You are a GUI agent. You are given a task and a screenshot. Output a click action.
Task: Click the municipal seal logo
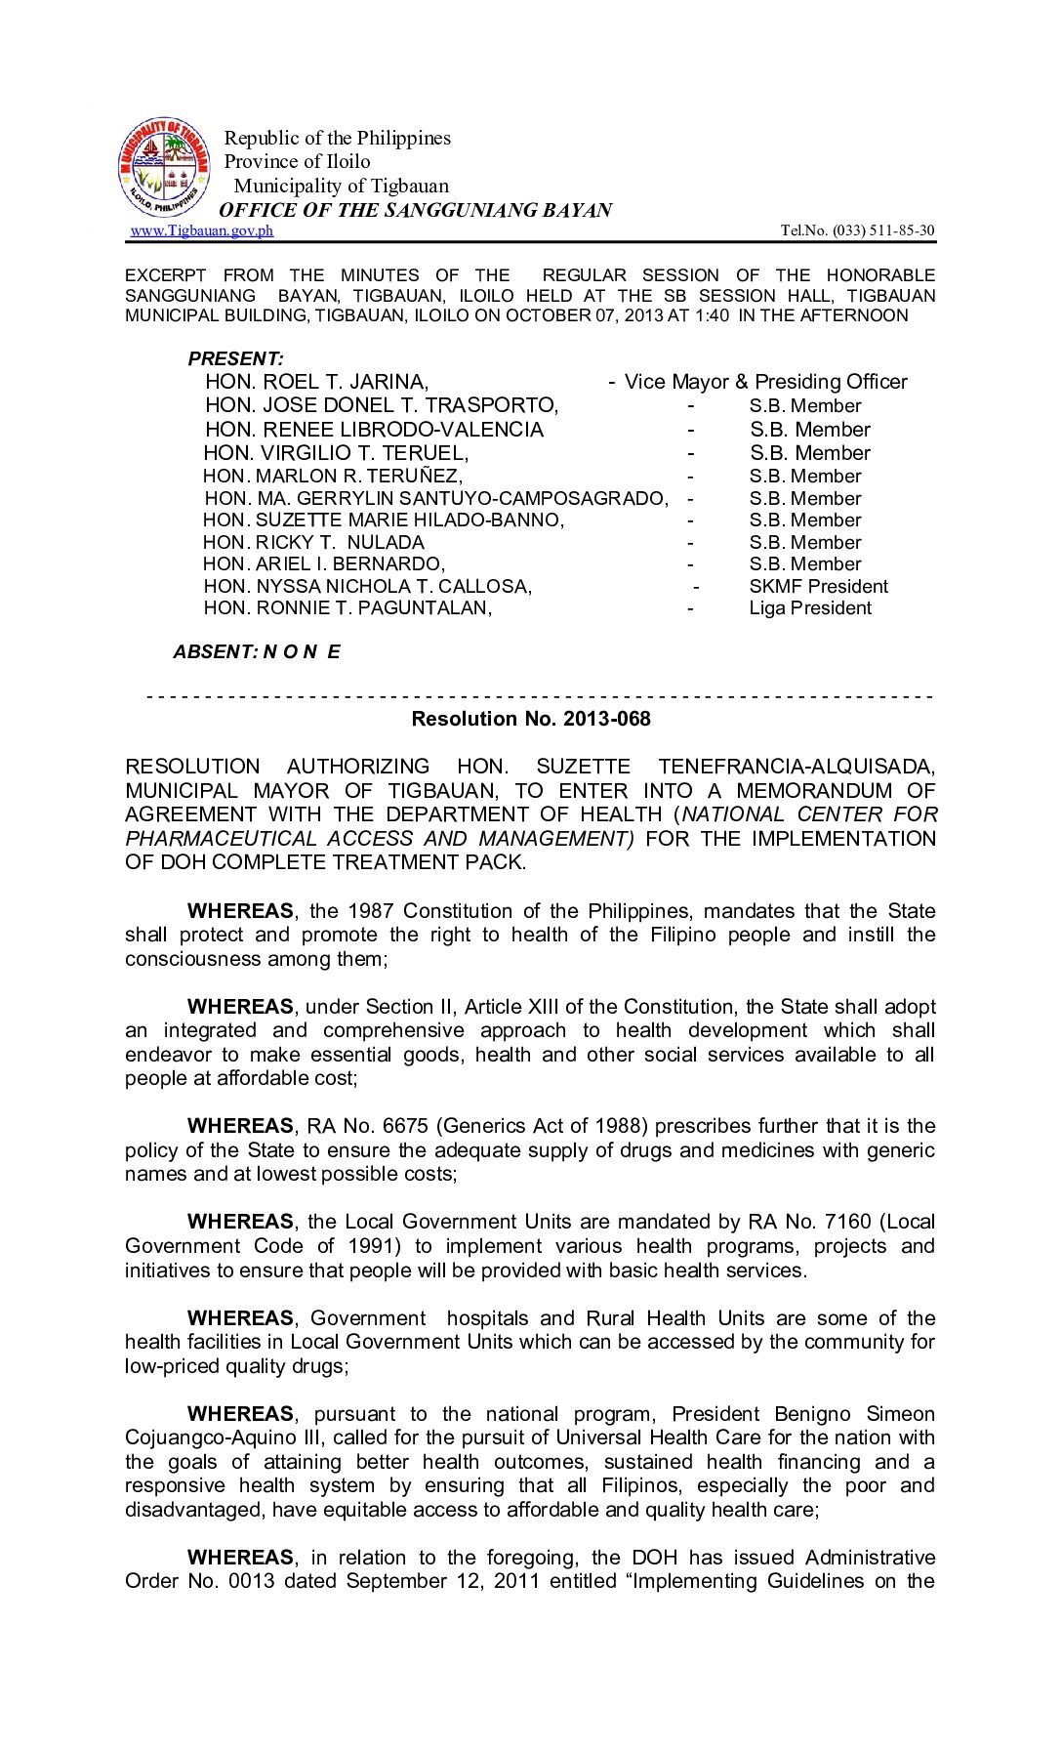pos(163,168)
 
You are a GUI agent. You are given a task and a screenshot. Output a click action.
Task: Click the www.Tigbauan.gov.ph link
pos(202,230)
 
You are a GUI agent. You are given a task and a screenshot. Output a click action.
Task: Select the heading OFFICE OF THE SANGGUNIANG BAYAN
pos(415,210)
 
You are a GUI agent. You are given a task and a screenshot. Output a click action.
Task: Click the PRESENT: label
pos(236,358)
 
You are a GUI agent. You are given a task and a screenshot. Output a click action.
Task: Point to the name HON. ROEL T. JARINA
pos(316,382)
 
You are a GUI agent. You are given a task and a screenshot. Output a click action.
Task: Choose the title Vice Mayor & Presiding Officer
pos(765,382)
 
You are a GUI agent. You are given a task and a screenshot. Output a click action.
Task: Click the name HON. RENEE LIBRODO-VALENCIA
pos(374,430)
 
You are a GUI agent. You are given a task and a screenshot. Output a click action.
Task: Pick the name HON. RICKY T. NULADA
pos(313,542)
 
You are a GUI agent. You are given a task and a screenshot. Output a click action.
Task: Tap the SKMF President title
pos(818,586)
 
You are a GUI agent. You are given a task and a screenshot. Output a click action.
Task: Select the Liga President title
pos(810,607)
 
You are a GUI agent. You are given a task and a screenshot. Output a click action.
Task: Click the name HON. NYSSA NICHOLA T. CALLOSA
pos(367,586)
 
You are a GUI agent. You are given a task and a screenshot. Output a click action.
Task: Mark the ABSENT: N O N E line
pos(257,651)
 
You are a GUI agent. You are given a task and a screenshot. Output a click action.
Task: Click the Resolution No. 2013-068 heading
pos(531,719)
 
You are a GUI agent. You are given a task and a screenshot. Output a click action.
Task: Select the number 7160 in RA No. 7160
pos(847,1222)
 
